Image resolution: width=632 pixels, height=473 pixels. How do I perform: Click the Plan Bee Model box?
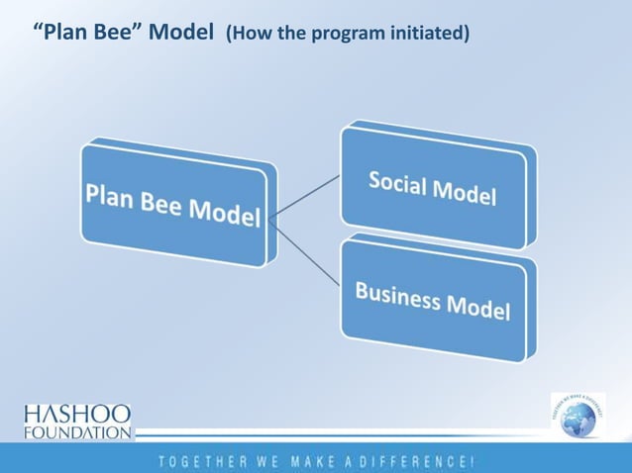(173, 206)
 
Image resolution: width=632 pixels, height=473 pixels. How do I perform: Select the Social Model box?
(434, 188)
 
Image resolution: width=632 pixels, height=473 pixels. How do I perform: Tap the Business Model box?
(434, 300)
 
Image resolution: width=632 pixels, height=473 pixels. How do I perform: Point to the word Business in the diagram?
(395, 294)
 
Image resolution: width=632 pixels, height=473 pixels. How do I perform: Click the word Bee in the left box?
(155, 202)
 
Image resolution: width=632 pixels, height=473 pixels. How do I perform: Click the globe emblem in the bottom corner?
(578, 417)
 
